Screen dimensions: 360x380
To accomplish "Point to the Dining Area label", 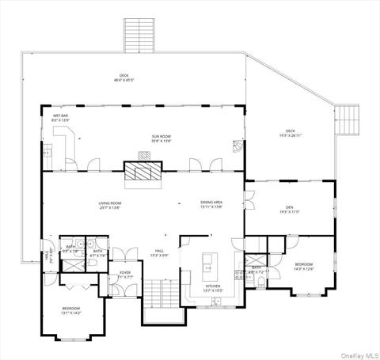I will [211, 205].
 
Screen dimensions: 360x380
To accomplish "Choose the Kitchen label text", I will [213, 288].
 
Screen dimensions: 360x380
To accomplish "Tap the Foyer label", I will [124, 275].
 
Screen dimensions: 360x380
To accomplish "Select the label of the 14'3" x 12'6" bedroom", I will [304, 267].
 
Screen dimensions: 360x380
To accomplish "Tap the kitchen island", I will [210, 260].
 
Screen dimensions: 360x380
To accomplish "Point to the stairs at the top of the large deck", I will [142, 35].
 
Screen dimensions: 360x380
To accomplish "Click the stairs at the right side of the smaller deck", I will [346, 119].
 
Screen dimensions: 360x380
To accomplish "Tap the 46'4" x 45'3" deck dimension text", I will [123, 78].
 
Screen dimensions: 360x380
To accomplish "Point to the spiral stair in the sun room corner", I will [237, 147].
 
